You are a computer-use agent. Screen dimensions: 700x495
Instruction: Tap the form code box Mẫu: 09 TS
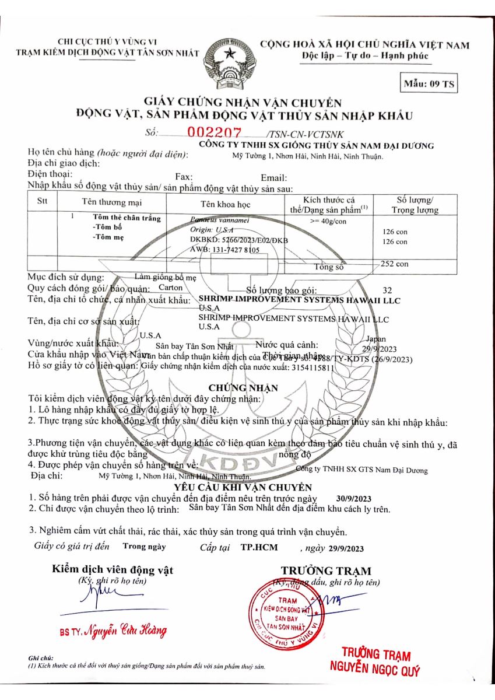click(429, 83)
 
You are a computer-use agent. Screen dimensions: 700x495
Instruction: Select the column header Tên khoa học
click(225, 204)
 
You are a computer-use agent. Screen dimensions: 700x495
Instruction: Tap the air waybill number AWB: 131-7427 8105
click(224, 249)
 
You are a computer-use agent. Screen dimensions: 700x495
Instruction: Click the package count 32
click(388, 290)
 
